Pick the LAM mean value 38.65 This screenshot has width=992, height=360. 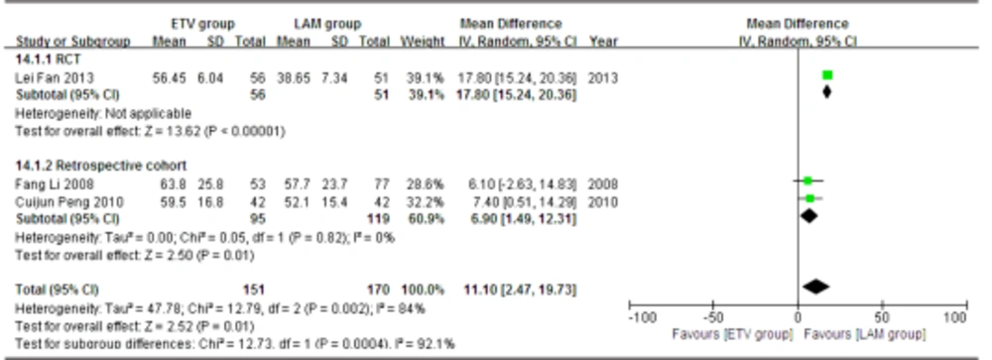pos(294,75)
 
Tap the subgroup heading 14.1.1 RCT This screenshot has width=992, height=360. pos(47,59)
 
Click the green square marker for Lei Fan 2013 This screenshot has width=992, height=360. pos(827,75)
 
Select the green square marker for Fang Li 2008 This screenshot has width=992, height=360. pos(807,180)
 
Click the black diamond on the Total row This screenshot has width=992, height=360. pos(815,287)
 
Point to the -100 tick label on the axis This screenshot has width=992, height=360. pos(643,317)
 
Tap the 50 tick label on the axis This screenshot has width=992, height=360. pos(876,317)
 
